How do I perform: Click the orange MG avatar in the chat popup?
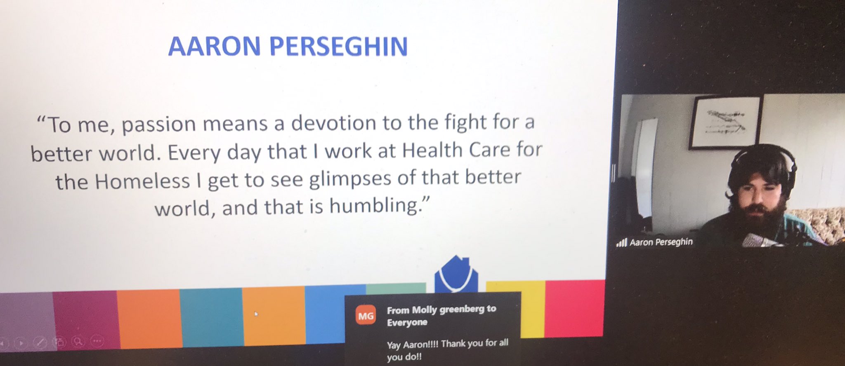tap(366, 316)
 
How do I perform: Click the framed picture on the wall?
tap(725, 122)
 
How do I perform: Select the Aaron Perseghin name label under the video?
tap(661, 242)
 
